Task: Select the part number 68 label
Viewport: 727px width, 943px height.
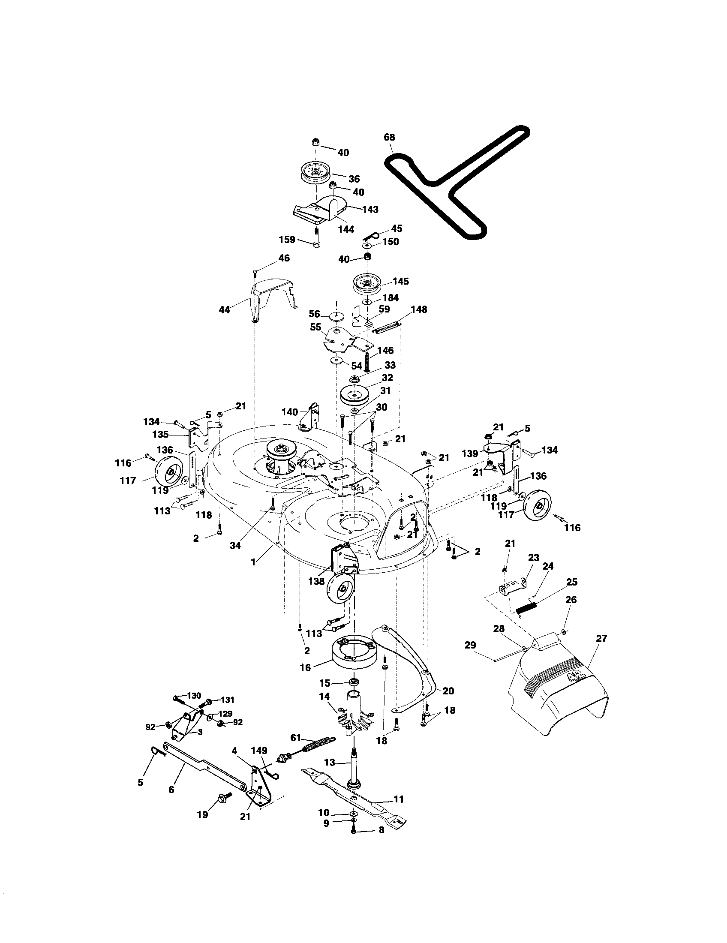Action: pos(389,137)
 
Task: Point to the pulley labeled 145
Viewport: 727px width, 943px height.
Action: pos(368,283)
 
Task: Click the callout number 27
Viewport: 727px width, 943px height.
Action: pos(601,638)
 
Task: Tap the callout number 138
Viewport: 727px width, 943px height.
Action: pos(316,581)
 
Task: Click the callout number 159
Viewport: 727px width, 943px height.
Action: pos(287,240)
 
